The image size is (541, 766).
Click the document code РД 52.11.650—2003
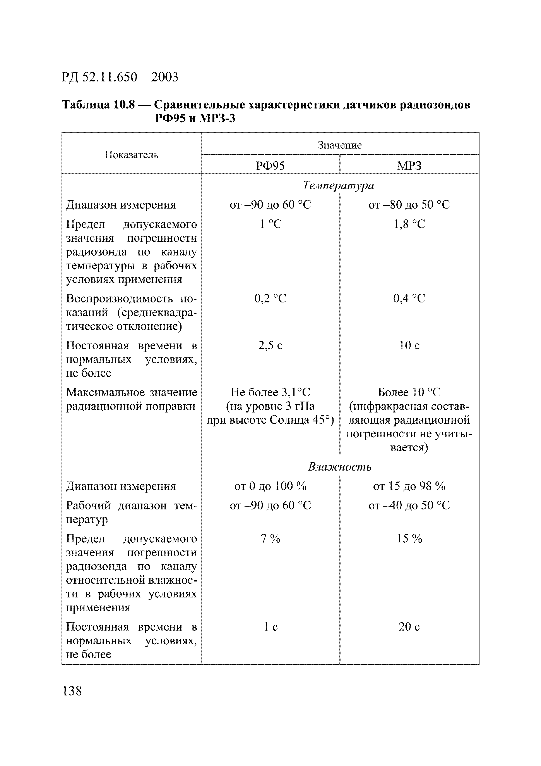[x=120, y=77]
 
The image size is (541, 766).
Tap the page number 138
[x=72, y=691]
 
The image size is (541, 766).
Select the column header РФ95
[x=270, y=166]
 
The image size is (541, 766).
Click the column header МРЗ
[x=409, y=166]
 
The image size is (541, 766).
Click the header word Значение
[x=339, y=145]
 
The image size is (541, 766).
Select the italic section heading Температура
[x=338, y=185]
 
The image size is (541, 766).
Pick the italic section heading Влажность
[x=339, y=466]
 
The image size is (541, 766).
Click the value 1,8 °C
[x=409, y=224]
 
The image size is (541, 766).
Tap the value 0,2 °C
[x=270, y=298]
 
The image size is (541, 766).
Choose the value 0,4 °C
[x=409, y=298]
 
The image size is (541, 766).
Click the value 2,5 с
[x=270, y=345]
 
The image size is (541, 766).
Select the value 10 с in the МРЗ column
[x=409, y=345]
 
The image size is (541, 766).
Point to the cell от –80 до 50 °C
[x=409, y=205]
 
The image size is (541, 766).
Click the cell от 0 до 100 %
[x=270, y=486]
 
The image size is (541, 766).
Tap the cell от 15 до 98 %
[x=409, y=486]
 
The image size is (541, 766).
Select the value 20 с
[x=409, y=627]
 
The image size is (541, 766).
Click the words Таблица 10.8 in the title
[x=99, y=105]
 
